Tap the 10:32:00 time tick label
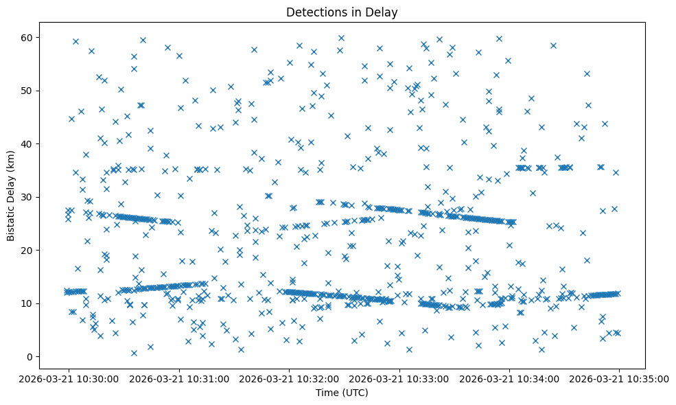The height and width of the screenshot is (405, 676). pyautogui.click(x=289, y=378)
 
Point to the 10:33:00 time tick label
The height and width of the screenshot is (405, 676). pyautogui.click(x=399, y=378)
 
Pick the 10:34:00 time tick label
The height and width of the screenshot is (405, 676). pyautogui.click(x=509, y=378)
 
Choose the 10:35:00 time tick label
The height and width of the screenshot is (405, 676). pyautogui.click(x=620, y=378)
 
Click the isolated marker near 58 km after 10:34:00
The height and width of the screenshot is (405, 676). pyautogui.click(x=553, y=45)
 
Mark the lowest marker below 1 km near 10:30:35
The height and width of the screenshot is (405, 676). pyautogui.click(x=134, y=353)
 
